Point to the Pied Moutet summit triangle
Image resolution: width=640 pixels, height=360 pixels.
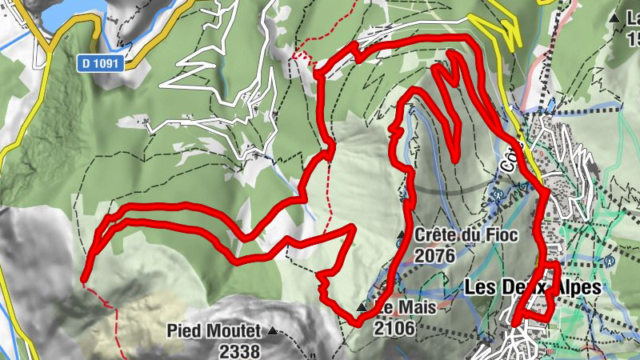pyautogui.click(x=274, y=330)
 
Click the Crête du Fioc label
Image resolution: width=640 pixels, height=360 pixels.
pyautogui.click(x=466, y=236)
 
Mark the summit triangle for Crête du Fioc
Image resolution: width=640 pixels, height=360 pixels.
pyautogui.click(x=402, y=234)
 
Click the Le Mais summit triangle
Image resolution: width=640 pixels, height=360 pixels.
pyautogui.click(x=362, y=308)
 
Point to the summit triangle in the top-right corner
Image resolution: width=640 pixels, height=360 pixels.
pyautogui.click(x=614, y=17)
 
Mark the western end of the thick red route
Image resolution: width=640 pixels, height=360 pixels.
pyautogui.click(x=83, y=279)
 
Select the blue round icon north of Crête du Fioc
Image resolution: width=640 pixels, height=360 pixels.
pyautogui.click(x=500, y=193)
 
